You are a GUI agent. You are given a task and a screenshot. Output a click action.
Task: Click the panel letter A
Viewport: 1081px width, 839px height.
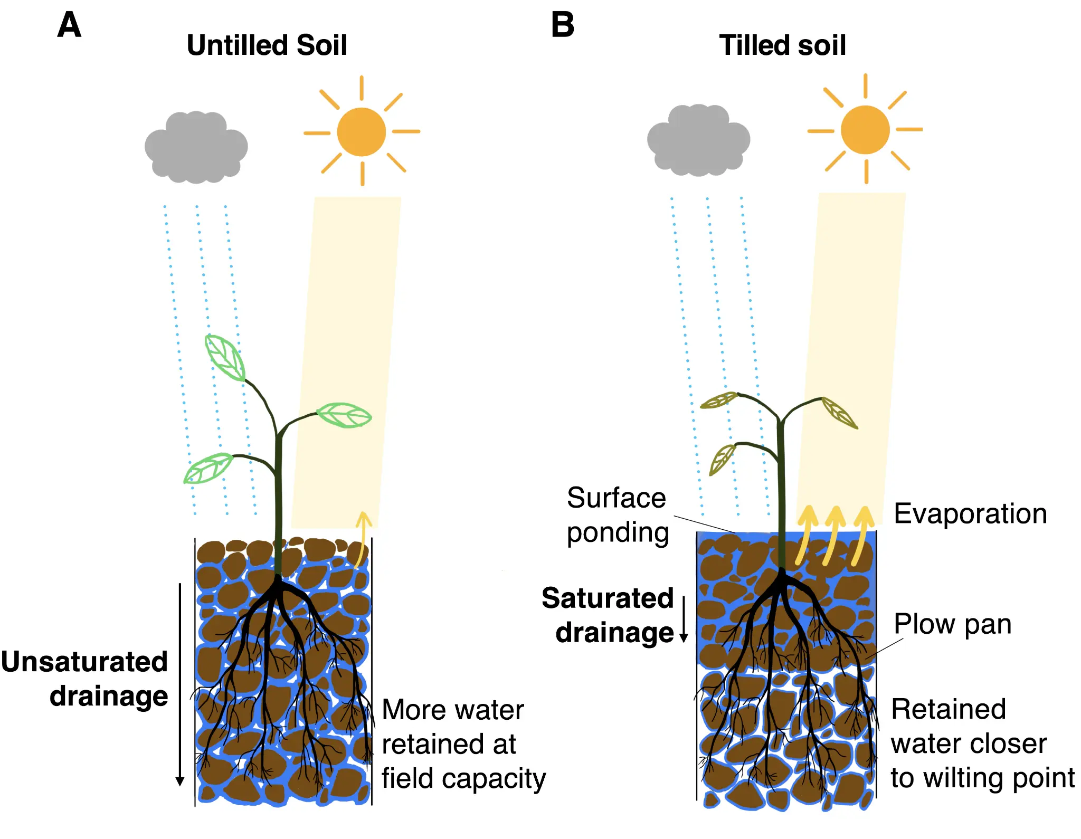tap(69, 25)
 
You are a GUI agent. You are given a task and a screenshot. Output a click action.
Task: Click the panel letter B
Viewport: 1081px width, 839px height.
tap(562, 25)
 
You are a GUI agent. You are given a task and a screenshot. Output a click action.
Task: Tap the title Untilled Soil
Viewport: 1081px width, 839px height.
tap(267, 45)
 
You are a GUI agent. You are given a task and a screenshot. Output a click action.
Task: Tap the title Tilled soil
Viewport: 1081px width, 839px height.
tap(782, 45)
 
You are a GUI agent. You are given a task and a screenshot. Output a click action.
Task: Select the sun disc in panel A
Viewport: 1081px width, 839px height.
tap(362, 132)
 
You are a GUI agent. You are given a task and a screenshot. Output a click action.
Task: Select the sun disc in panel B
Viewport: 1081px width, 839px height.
tap(865, 130)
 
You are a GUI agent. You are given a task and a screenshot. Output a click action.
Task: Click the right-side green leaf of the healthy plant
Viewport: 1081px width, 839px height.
tap(344, 415)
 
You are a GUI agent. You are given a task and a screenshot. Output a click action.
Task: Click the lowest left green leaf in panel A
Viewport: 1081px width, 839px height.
tap(208, 468)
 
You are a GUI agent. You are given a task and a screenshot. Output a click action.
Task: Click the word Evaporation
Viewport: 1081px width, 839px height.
tap(970, 514)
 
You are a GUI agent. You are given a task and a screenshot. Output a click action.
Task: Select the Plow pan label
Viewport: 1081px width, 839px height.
tap(952, 624)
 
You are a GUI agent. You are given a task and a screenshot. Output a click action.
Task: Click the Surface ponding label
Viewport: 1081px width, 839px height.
tap(617, 515)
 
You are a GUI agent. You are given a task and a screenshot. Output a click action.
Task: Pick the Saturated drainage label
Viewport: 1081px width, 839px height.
tap(608, 615)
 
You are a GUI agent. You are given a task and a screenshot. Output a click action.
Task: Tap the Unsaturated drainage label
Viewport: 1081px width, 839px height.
tap(84, 679)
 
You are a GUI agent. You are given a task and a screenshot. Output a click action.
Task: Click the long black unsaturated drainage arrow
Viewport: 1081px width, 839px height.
tap(180, 686)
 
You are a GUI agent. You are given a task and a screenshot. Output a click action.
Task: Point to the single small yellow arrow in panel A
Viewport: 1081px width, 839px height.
tap(362, 538)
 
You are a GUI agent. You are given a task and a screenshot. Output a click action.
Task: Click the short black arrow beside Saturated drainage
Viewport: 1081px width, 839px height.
tap(684, 620)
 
